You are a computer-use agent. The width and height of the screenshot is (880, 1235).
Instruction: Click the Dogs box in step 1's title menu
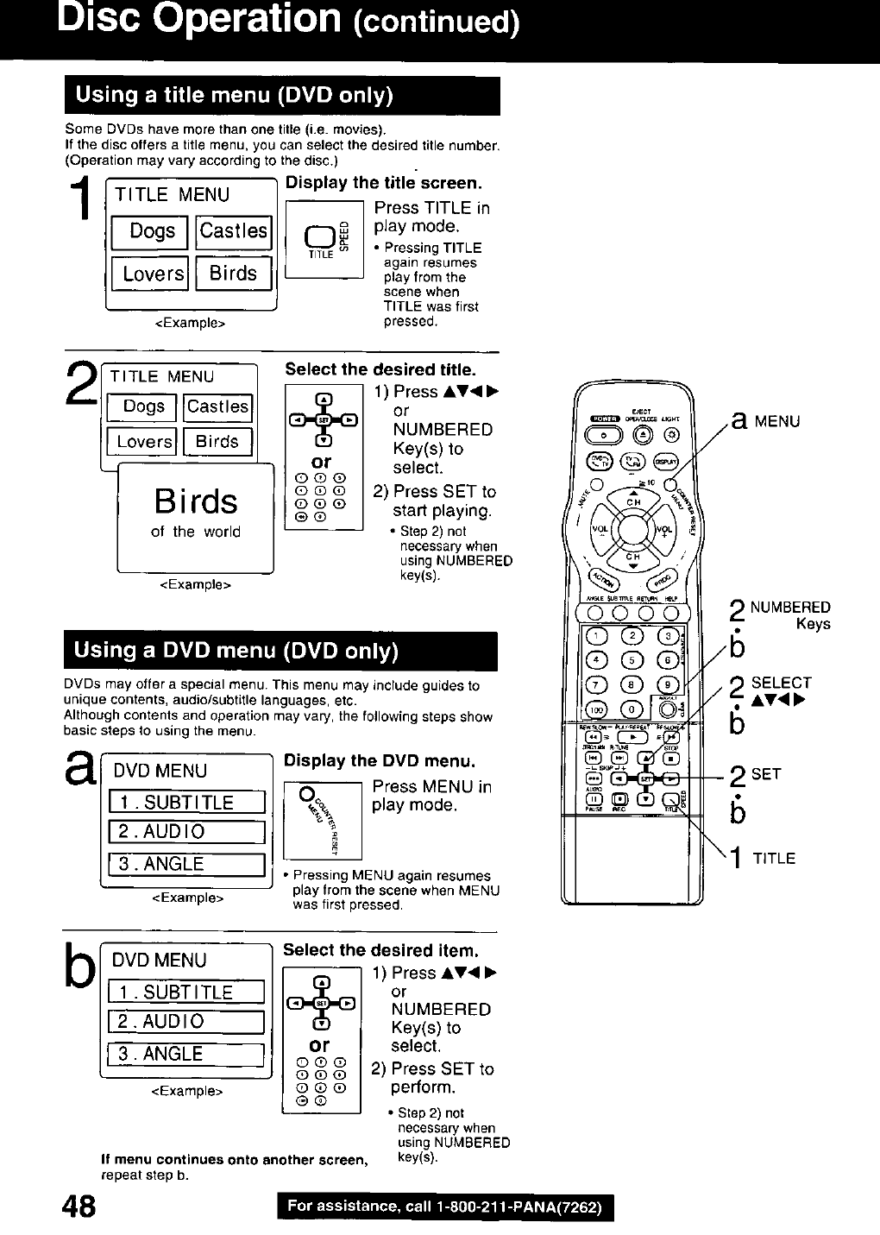[151, 231]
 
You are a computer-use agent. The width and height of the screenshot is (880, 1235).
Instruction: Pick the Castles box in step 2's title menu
[218, 406]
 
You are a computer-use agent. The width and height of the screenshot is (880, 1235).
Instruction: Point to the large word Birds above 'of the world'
[196, 501]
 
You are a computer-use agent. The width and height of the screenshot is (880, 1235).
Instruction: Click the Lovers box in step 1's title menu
[151, 274]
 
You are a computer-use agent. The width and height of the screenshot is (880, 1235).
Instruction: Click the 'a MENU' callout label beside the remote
[765, 421]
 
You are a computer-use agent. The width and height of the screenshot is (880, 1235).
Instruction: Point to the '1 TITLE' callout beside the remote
[764, 858]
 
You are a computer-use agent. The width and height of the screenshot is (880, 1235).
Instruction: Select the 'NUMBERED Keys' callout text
[789, 615]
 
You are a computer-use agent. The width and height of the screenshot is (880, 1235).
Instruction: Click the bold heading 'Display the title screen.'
[383, 183]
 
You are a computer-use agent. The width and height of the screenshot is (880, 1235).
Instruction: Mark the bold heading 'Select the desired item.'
[380, 950]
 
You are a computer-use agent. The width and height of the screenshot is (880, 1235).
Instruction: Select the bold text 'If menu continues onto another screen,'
[235, 1160]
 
